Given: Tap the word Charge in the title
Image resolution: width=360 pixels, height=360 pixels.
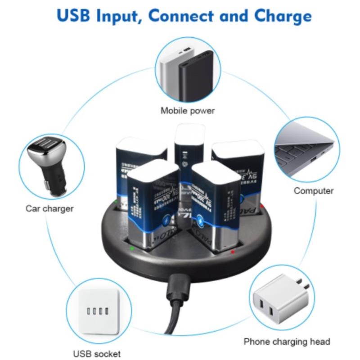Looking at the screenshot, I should coord(283,16).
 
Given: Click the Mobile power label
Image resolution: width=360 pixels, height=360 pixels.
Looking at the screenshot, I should coord(188,110).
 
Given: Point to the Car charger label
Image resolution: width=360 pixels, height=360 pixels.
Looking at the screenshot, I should coord(49,208).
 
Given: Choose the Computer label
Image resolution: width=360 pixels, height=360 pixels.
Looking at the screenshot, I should coord(314,191).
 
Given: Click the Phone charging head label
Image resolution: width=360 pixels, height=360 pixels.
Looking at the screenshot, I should coord(287,342).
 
